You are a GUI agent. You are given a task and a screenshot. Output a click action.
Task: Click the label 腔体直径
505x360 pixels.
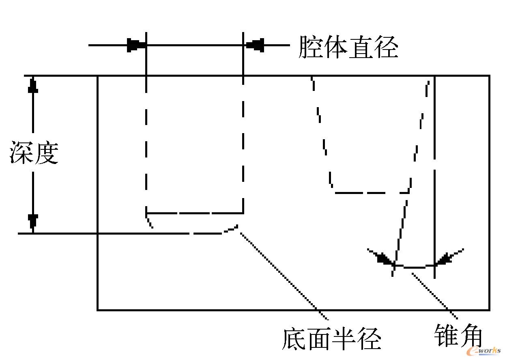click(348, 48)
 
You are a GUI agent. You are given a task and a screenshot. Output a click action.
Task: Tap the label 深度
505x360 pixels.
click(34, 153)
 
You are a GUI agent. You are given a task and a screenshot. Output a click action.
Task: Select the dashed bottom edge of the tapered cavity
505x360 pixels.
click(371, 192)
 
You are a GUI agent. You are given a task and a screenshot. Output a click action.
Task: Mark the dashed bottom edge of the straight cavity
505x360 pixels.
click(195, 213)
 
